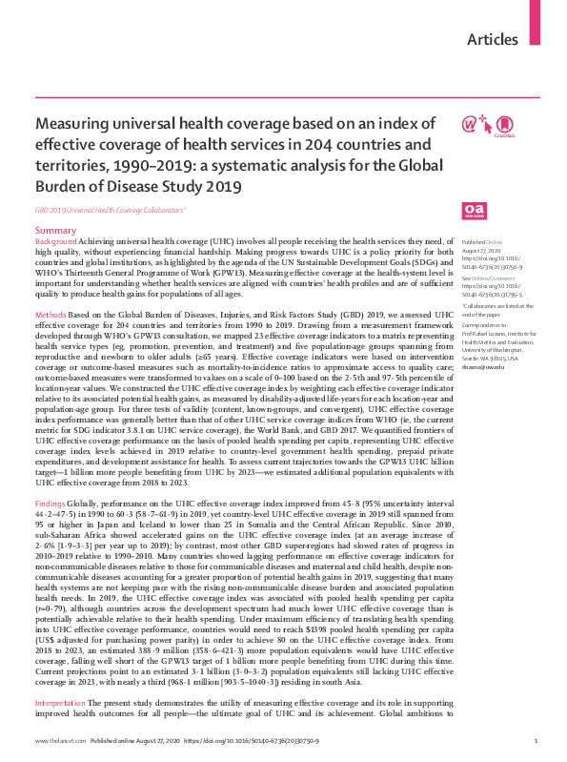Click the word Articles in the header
pyautogui.click(x=494, y=40)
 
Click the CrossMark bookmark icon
pyautogui.click(x=506, y=124)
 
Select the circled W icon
pyautogui.click(x=470, y=124)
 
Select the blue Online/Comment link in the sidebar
pyautogui.click(x=493, y=277)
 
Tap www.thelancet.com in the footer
pyautogui.click(x=57, y=740)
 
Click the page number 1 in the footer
pyautogui.click(x=537, y=740)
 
